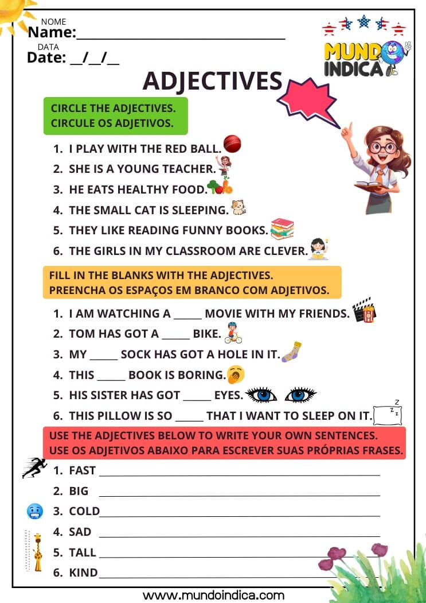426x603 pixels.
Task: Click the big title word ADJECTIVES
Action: pyautogui.click(x=212, y=81)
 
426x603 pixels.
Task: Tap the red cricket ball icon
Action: pyautogui.click(x=232, y=144)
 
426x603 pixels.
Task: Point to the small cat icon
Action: pyautogui.click(x=238, y=208)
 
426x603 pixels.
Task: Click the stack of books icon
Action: pyautogui.click(x=282, y=229)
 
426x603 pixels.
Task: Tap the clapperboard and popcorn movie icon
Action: pyautogui.click(x=364, y=310)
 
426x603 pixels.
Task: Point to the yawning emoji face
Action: pyautogui.click(x=236, y=374)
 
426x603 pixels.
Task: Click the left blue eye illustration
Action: pyautogui.click(x=261, y=395)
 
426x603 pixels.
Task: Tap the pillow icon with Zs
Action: pyautogui.click(x=388, y=413)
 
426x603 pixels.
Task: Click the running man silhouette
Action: pyautogui.click(x=34, y=467)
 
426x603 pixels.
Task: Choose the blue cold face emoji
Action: pyautogui.click(x=34, y=511)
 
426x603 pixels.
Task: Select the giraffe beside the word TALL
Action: pyautogui.click(x=37, y=552)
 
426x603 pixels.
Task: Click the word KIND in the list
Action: pyautogui.click(x=83, y=573)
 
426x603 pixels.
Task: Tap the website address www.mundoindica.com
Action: pyautogui.click(x=213, y=595)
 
